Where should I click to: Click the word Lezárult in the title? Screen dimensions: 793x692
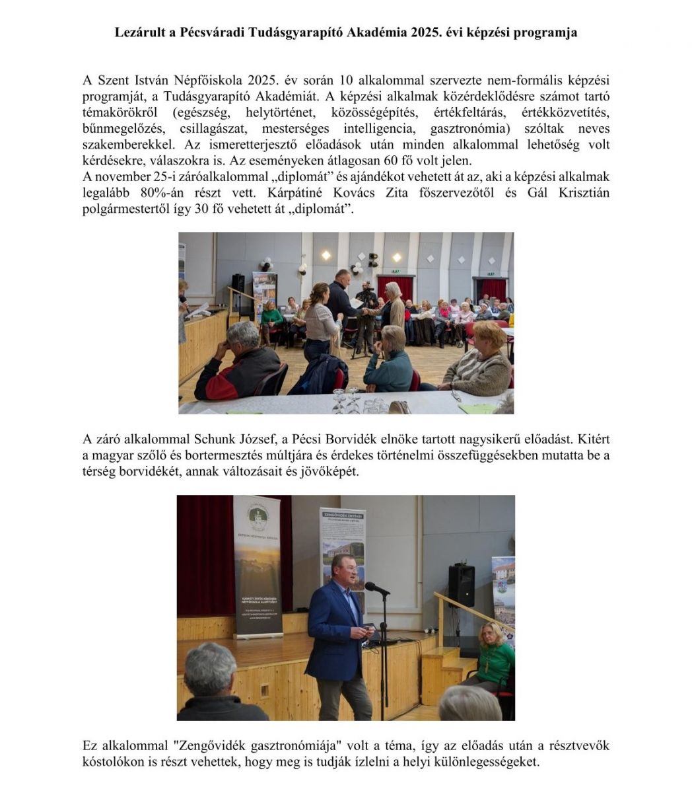point(141,32)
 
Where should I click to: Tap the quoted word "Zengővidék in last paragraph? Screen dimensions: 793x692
point(215,745)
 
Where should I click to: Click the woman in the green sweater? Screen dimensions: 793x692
point(495,658)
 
